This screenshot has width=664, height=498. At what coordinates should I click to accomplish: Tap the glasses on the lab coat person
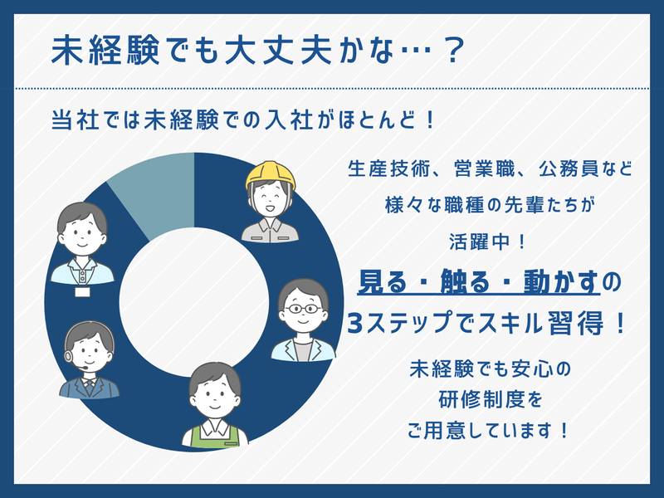[x=303, y=309]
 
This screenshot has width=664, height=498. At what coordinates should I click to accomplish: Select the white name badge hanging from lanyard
[x=82, y=292]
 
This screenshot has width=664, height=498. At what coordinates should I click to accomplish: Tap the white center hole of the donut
[x=194, y=302]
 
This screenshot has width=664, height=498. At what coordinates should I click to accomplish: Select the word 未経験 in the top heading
[x=105, y=51]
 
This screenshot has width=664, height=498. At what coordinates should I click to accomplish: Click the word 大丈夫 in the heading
[x=280, y=51]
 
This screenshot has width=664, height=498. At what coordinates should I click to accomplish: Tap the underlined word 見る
[x=382, y=281]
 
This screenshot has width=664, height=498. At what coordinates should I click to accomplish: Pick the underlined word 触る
[x=465, y=281]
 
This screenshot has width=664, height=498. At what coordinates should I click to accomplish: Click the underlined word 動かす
[x=562, y=281]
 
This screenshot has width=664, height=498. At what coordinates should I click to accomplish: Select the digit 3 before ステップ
[x=355, y=324]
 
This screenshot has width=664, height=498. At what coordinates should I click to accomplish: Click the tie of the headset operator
[x=90, y=387]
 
